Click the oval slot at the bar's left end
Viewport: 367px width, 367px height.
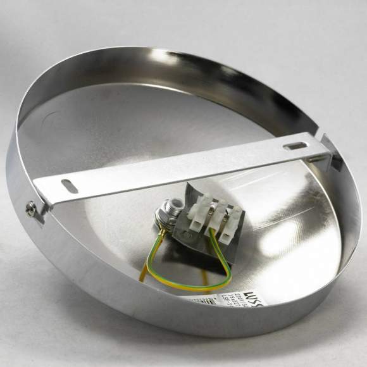tap(70, 187)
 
